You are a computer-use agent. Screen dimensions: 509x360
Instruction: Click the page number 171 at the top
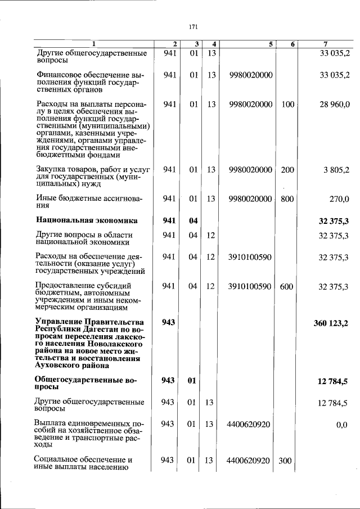193,26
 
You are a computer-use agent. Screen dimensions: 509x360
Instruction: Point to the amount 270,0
340,198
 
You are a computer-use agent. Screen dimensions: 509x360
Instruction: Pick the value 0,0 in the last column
342,424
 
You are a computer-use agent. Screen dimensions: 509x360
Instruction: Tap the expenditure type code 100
287,104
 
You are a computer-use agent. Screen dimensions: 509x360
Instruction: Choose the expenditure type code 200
287,170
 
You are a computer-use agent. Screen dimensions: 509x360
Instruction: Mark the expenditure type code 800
287,198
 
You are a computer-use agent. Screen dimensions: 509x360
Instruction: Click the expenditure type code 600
286,286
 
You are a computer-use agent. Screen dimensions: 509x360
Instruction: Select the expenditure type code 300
285,461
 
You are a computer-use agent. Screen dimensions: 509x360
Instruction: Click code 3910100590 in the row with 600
250,286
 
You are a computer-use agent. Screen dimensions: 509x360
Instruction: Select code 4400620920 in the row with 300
248,461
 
